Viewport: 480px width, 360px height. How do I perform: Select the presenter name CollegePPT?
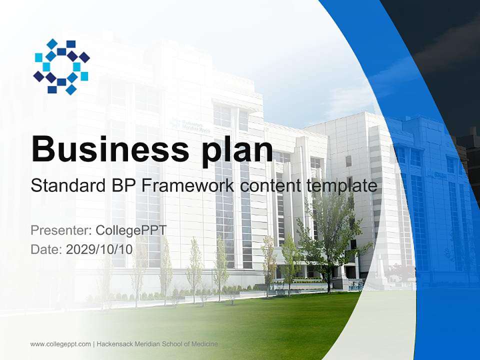130,230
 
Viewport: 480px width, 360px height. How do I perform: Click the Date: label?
46,249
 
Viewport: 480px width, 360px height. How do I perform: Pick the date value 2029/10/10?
99,249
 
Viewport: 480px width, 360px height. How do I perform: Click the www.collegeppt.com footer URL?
60,344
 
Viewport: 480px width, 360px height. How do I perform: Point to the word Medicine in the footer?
205,344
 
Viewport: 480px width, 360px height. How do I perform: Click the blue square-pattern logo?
61,66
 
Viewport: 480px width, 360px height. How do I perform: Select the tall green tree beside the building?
330,235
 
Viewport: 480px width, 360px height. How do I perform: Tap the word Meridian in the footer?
147,344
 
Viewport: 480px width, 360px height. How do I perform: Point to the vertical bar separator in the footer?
93,344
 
